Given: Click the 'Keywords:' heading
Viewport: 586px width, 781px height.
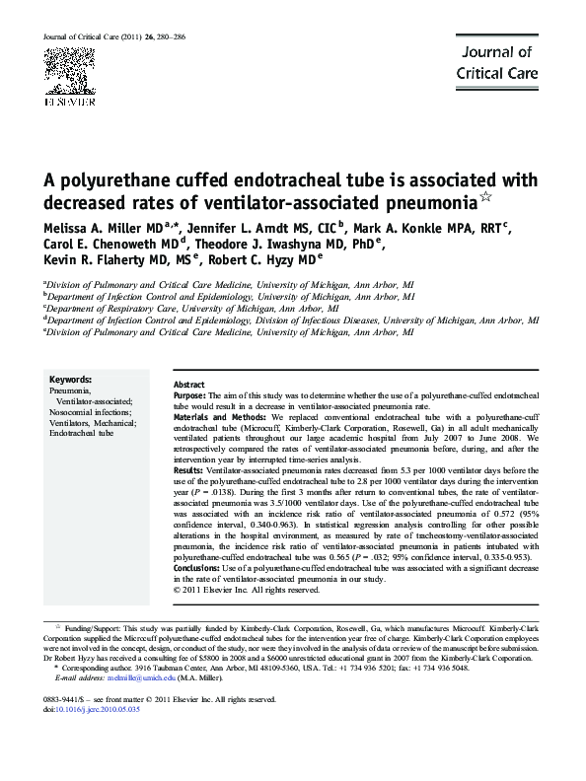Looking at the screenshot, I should click(71, 380).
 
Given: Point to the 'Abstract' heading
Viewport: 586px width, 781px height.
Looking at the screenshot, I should click(188, 384).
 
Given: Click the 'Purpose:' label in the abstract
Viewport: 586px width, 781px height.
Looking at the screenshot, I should click(194, 394).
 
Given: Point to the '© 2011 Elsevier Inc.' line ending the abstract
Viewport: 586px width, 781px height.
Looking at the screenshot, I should click(236, 591).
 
